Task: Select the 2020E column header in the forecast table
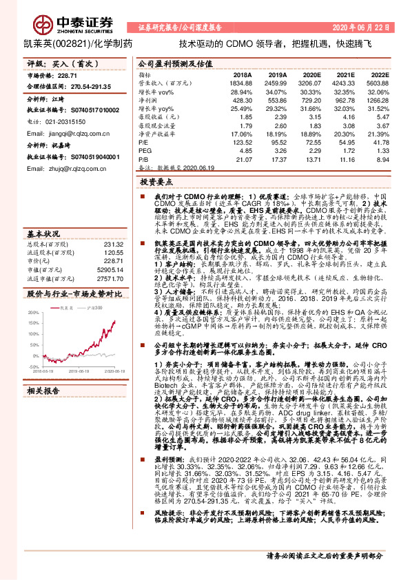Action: point(311,73)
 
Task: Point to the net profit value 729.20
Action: point(311,99)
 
